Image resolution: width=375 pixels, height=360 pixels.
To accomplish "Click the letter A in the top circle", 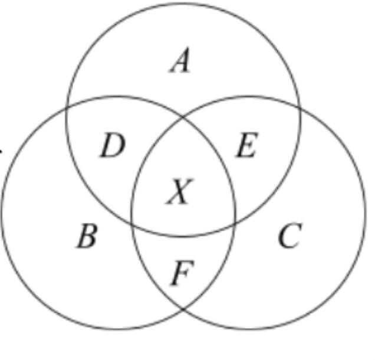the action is pyautogui.click(x=180, y=61).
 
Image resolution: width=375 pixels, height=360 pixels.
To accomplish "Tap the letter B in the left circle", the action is pyautogui.click(x=87, y=237).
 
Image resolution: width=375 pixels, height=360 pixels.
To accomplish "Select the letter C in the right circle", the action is pyautogui.click(x=289, y=237).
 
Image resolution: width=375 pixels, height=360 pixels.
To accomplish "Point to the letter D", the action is pyautogui.click(x=112, y=147).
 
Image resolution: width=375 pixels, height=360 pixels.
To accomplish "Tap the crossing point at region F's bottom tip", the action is pyautogui.click(x=183, y=309).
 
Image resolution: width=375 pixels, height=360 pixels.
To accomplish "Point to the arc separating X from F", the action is pyautogui.click(x=183, y=237).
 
